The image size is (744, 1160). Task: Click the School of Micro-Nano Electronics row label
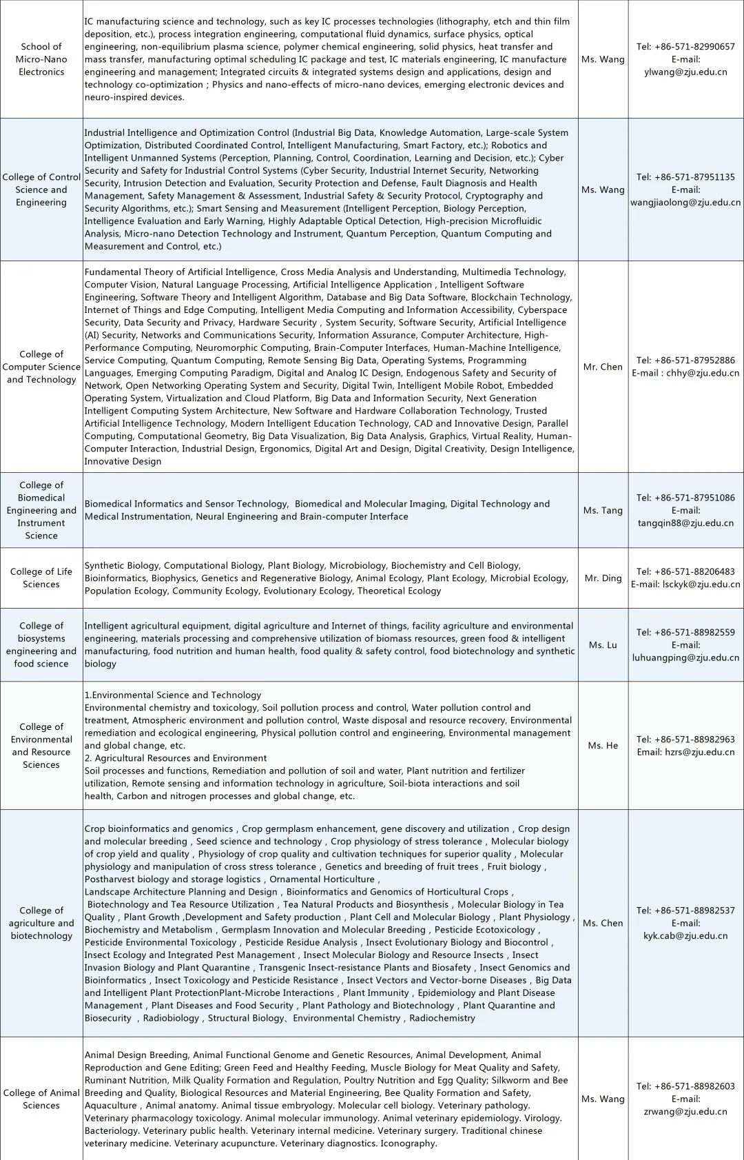41,59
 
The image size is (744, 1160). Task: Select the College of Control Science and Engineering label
41,190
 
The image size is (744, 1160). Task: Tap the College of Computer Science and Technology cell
41,367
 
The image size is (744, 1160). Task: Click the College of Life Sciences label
41,578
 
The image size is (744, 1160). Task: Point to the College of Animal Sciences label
41,1099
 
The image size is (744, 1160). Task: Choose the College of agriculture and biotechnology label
41,923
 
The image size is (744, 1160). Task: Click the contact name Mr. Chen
603,367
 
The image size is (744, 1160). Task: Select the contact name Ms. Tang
603,510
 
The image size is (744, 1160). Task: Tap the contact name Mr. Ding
603,578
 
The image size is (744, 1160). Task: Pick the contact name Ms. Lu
603,645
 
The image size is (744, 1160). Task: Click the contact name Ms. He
603,745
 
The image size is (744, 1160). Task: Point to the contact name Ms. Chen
603,923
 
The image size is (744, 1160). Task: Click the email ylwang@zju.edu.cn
685,72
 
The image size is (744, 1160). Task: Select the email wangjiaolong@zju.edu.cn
685,203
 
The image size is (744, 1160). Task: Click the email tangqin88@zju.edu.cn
685,523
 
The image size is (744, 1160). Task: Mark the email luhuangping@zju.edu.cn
685,658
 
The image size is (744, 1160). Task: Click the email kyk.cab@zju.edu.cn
685,936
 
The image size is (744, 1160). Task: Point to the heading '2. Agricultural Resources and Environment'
176,758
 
